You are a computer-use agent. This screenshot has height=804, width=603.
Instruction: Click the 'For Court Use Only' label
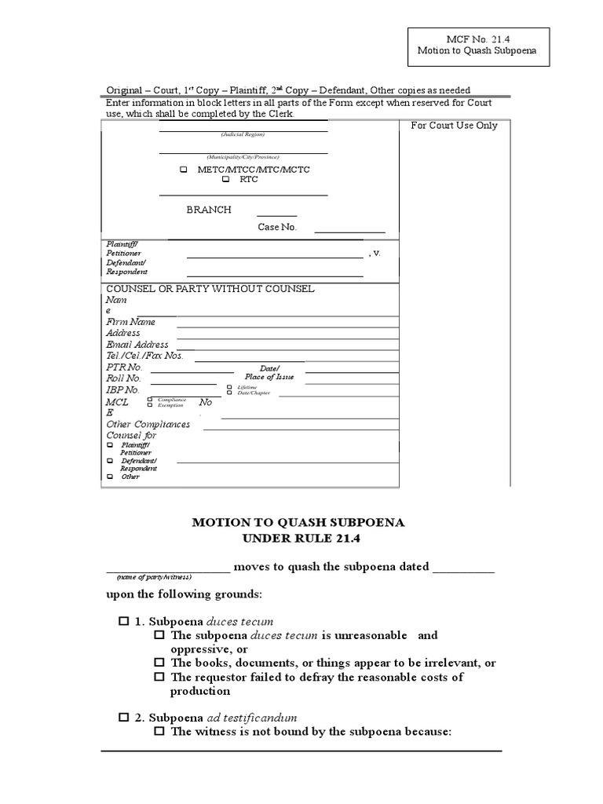point(454,126)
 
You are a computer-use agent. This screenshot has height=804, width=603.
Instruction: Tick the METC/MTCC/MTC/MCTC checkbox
point(183,169)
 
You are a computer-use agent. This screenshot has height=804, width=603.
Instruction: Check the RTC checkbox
point(225,180)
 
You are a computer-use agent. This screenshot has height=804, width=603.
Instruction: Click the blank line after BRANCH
point(276,214)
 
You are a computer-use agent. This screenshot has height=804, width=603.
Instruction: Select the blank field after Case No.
point(349,231)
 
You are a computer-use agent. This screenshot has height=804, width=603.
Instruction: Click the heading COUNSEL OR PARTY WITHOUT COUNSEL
point(210,289)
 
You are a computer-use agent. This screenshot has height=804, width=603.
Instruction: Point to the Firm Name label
point(130,322)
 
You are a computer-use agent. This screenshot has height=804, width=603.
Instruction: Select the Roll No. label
point(123,378)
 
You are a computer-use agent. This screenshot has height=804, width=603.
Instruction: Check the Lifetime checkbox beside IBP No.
point(229,387)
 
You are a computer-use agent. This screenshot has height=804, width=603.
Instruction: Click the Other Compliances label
point(148,425)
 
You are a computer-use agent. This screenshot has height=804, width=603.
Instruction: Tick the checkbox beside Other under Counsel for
point(110,477)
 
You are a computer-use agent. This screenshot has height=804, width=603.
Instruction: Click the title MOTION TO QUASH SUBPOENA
point(298,522)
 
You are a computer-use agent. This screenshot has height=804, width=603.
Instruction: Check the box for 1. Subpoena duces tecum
point(123,621)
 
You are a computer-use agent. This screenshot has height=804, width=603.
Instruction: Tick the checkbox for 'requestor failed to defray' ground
point(159,677)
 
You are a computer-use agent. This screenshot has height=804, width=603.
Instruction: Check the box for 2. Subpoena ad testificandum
point(123,718)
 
